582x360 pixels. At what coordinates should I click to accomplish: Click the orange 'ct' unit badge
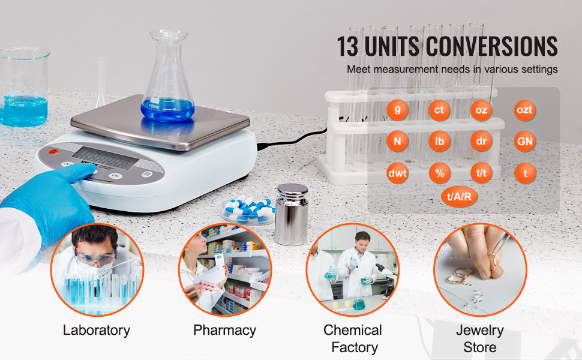click(x=439, y=110)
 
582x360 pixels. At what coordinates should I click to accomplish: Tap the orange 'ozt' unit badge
click(x=524, y=110)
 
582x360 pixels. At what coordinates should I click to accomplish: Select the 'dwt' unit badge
click(x=397, y=173)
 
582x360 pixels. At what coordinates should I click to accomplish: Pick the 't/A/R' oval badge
click(x=459, y=196)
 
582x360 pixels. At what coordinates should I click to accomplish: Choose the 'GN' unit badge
click(x=525, y=142)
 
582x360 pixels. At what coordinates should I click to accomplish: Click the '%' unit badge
click(x=440, y=173)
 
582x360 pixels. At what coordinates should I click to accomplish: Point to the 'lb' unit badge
click(x=439, y=142)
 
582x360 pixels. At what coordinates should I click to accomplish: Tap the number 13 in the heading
click(x=348, y=46)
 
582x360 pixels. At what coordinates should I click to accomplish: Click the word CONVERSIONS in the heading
click(x=491, y=46)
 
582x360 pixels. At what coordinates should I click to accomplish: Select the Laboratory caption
click(x=97, y=330)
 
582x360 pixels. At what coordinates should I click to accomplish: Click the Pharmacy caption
click(x=224, y=330)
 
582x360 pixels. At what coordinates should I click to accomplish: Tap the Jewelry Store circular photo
click(x=480, y=270)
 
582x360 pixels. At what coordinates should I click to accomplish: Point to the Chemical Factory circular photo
click(x=353, y=270)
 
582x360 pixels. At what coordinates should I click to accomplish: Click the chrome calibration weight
click(x=292, y=214)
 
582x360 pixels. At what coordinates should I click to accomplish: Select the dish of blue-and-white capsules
click(x=248, y=209)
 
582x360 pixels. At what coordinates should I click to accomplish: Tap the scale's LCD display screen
click(x=105, y=158)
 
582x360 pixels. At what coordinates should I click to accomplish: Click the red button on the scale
click(x=53, y=151)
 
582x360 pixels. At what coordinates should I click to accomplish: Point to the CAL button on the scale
click(x=115, y=176)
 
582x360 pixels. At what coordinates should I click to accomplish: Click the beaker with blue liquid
click(x=24, y=86)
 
